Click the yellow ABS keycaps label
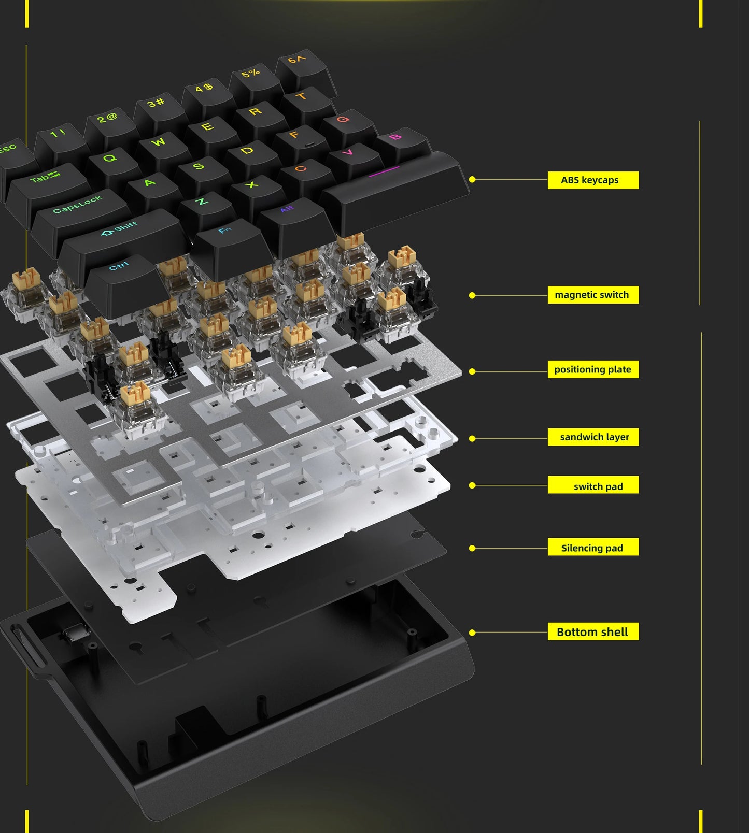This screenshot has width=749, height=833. [592, 180]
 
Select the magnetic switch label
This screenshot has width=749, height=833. [592, 295]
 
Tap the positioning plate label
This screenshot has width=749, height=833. [592, 369]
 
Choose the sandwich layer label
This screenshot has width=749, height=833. [592, 437]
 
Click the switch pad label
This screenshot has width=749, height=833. [592, 485]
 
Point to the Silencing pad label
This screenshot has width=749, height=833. [592, 548]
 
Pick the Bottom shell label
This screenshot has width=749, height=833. [592, 631]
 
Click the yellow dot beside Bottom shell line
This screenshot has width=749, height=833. [472, 633]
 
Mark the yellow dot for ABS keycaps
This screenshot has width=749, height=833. [472, 179]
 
